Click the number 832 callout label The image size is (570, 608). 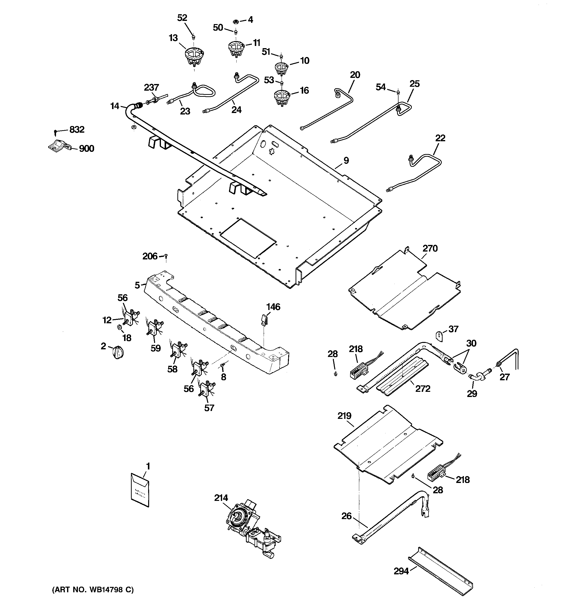(x=77, y=130)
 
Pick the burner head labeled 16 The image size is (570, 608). (x=282, y=97)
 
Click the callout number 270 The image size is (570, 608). (x=430, y=248)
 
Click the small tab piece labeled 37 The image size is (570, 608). (x=439, y=337)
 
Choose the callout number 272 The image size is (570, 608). (x=423, y=389)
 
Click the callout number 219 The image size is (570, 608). (x=344, y=416)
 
